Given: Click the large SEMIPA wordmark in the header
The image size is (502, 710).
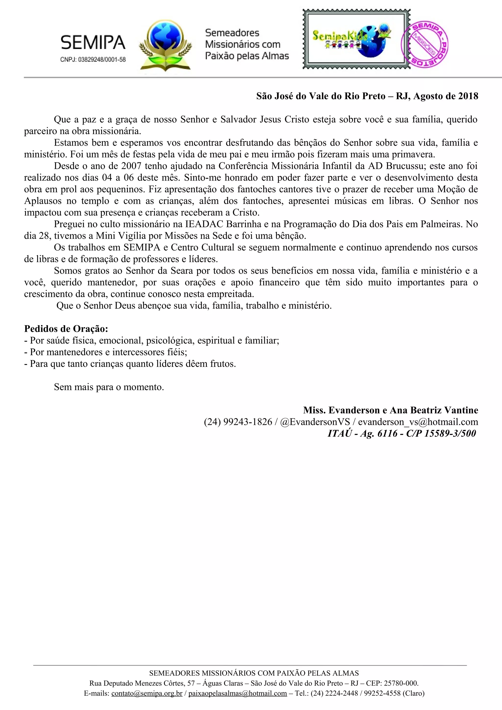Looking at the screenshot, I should click(x=93, y=43).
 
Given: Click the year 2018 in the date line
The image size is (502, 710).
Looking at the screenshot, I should click(x=468, y=96).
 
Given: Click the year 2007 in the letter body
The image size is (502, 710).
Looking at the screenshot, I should click(x=131, y=166).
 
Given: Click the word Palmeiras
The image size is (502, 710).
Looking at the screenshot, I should click(x=441, y=224).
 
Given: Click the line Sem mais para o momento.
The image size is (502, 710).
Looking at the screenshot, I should click(x=109, y=387).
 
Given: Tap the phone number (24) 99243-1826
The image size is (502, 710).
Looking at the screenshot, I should click(x=238, y=422).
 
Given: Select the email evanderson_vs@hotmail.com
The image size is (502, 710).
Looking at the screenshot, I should click(x=418, y=422).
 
